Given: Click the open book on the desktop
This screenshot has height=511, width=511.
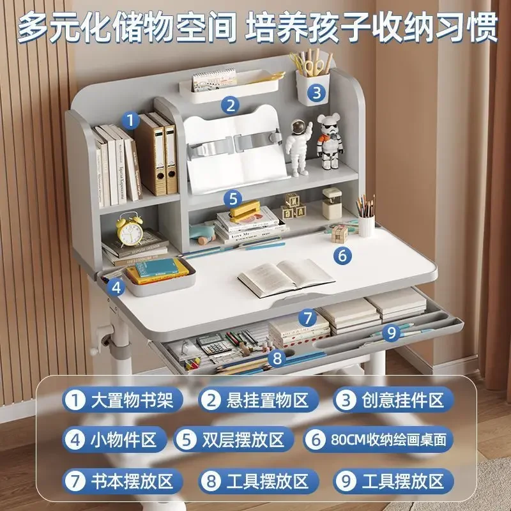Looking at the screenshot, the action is pyautogui.click(x=286, y=276).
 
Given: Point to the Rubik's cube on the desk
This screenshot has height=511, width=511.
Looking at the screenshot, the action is pyautogui.click(x=339, y=233).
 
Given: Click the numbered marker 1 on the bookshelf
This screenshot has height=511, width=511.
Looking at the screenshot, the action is pyautogui.click(x=131, y=119).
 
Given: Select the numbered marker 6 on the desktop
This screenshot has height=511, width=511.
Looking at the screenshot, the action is pyautogui.click(x=342, y=256).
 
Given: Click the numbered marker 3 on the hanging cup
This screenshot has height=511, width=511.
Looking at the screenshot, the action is pyautogui.click(x=316, y=93).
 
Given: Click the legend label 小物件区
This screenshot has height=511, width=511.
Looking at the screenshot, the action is pyautogui.click(x=115, y=439).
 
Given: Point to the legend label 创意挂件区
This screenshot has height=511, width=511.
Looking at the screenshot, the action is pyautogui.click(x=392, y=400).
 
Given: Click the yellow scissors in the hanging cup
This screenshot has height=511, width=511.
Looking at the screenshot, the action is pyautogui.click(x=314, y=63).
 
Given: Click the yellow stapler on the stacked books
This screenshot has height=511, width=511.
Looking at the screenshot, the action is pyautogui.click(x=245, y=210).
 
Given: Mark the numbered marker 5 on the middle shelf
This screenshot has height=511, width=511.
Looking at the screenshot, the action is pyautogui.click(x=233, y=198).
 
